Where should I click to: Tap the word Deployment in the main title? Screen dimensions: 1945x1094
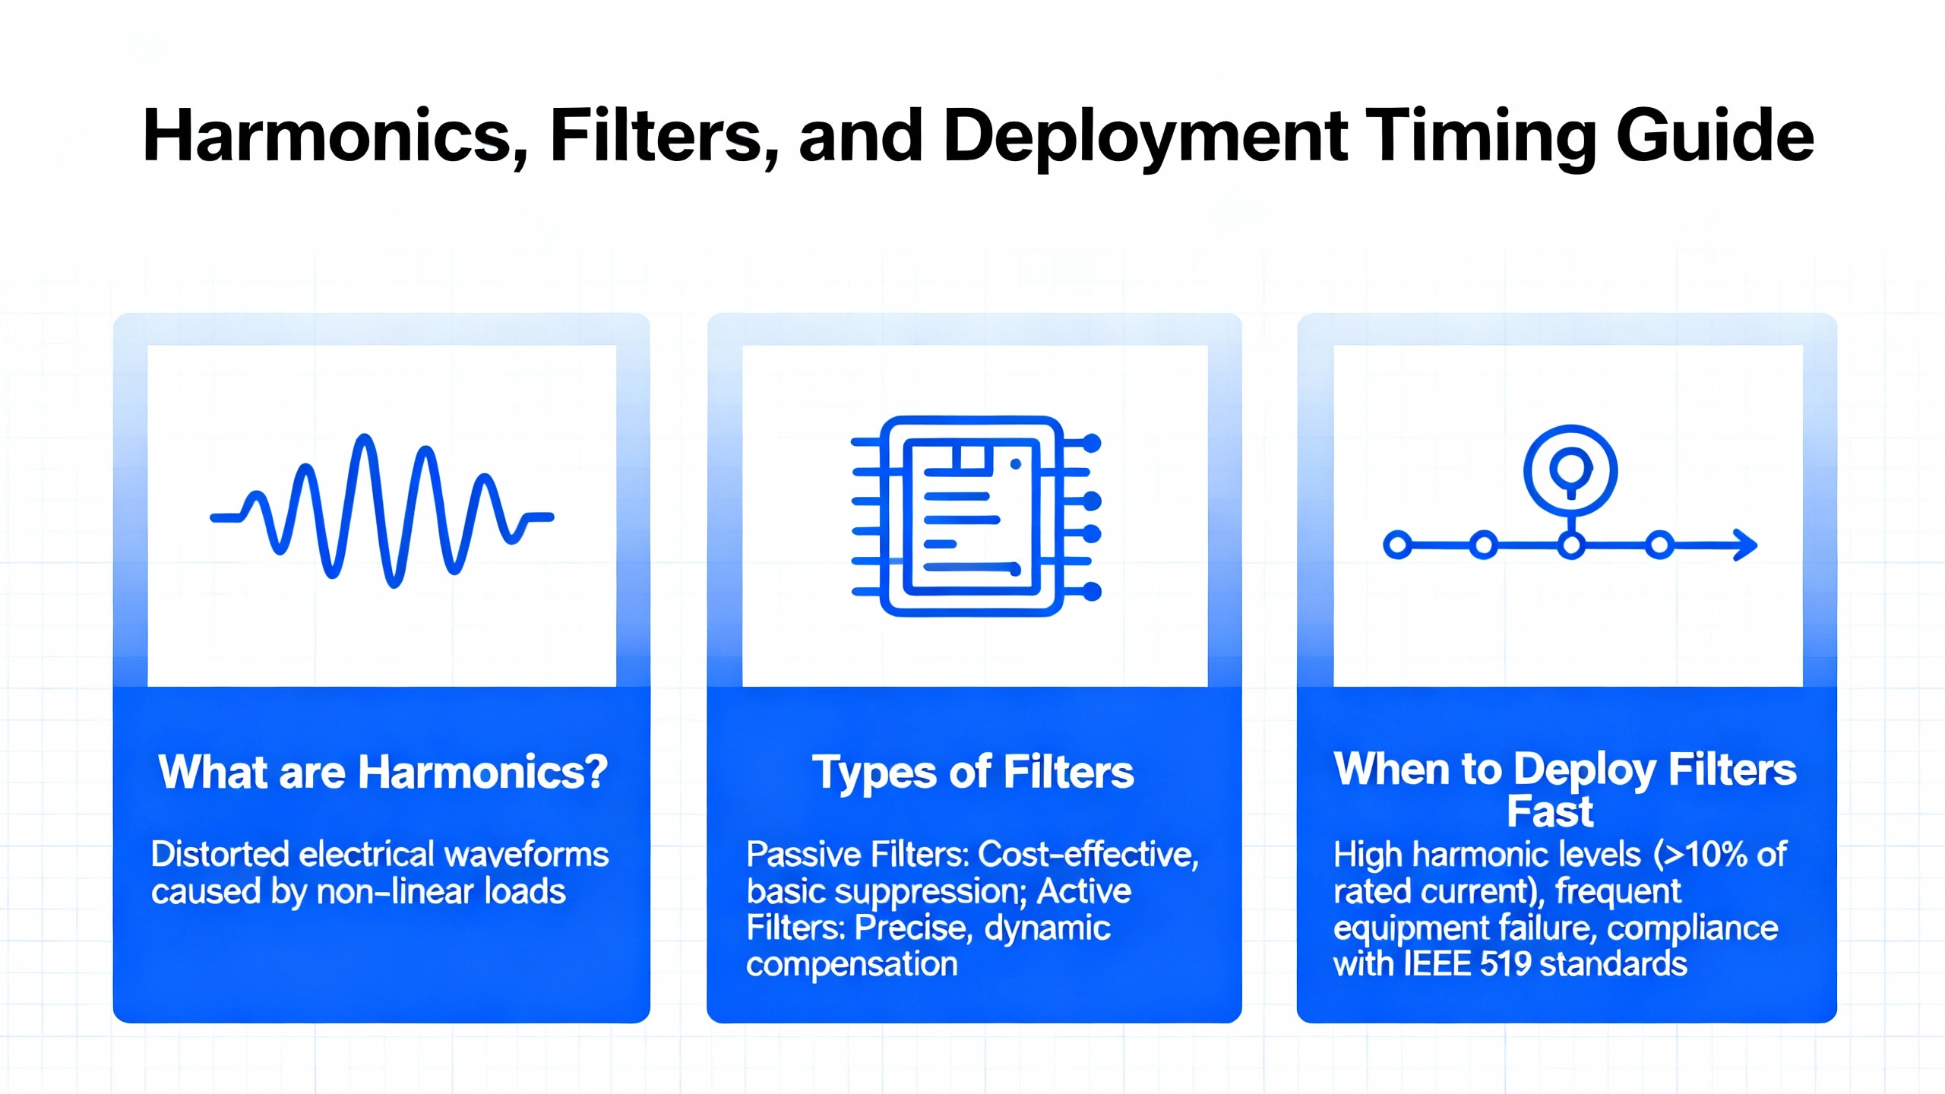tap(1145, 138)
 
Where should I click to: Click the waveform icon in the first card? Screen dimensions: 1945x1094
tap(382, 511)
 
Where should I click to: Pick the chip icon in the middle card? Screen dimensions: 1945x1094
tap(976, 516)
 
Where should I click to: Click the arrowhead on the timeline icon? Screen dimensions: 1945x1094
tap(1745, 545)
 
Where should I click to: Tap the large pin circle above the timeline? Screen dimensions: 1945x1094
tap(1570, 470)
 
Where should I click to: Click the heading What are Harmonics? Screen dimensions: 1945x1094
tap(383, 772)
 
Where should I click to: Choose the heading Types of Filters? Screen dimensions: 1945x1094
tap(973, 773)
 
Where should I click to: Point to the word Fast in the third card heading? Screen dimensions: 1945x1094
tap(1550, 812)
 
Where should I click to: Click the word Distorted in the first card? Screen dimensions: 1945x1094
tap(220, 854)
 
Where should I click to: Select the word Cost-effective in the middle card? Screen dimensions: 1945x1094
tap(1088, 855)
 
